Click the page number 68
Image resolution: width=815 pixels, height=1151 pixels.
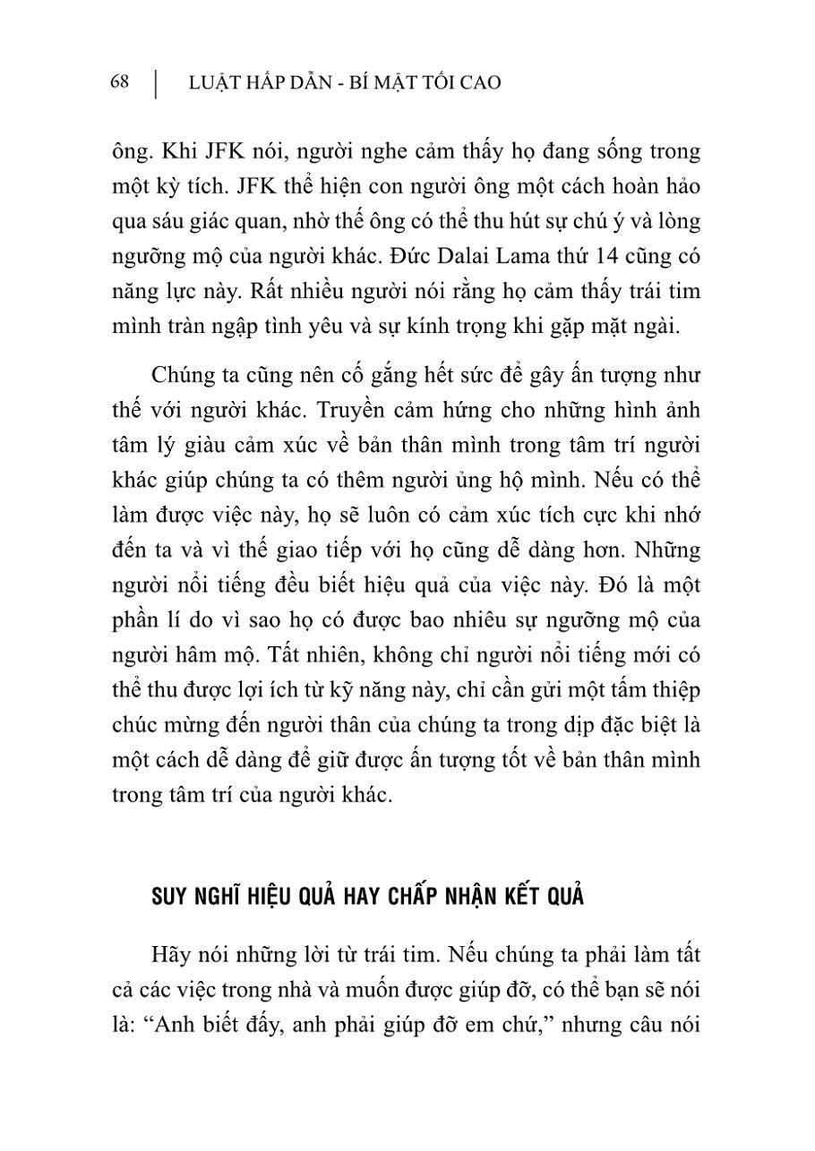click(119, 82)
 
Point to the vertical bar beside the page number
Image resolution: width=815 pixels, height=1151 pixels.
click(156, 83)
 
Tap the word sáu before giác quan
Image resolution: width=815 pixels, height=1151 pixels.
click(167, 221)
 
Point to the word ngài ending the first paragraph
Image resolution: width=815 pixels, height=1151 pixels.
click(659, 327)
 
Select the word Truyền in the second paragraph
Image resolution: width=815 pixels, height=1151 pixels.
click(431, 410)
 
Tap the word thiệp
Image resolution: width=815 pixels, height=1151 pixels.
click(675, 690)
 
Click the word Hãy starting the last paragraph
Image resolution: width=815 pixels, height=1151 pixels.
click(172, 954)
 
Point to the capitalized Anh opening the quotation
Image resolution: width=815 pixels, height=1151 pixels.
click(175, 1025)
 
